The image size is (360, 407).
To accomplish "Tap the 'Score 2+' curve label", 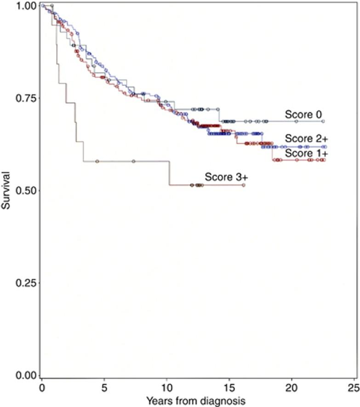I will [302, 138].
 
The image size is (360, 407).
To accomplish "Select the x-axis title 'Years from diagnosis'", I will [197, 398].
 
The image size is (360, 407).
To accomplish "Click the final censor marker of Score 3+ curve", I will [244, 185].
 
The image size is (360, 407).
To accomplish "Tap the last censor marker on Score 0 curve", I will [323, 121].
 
